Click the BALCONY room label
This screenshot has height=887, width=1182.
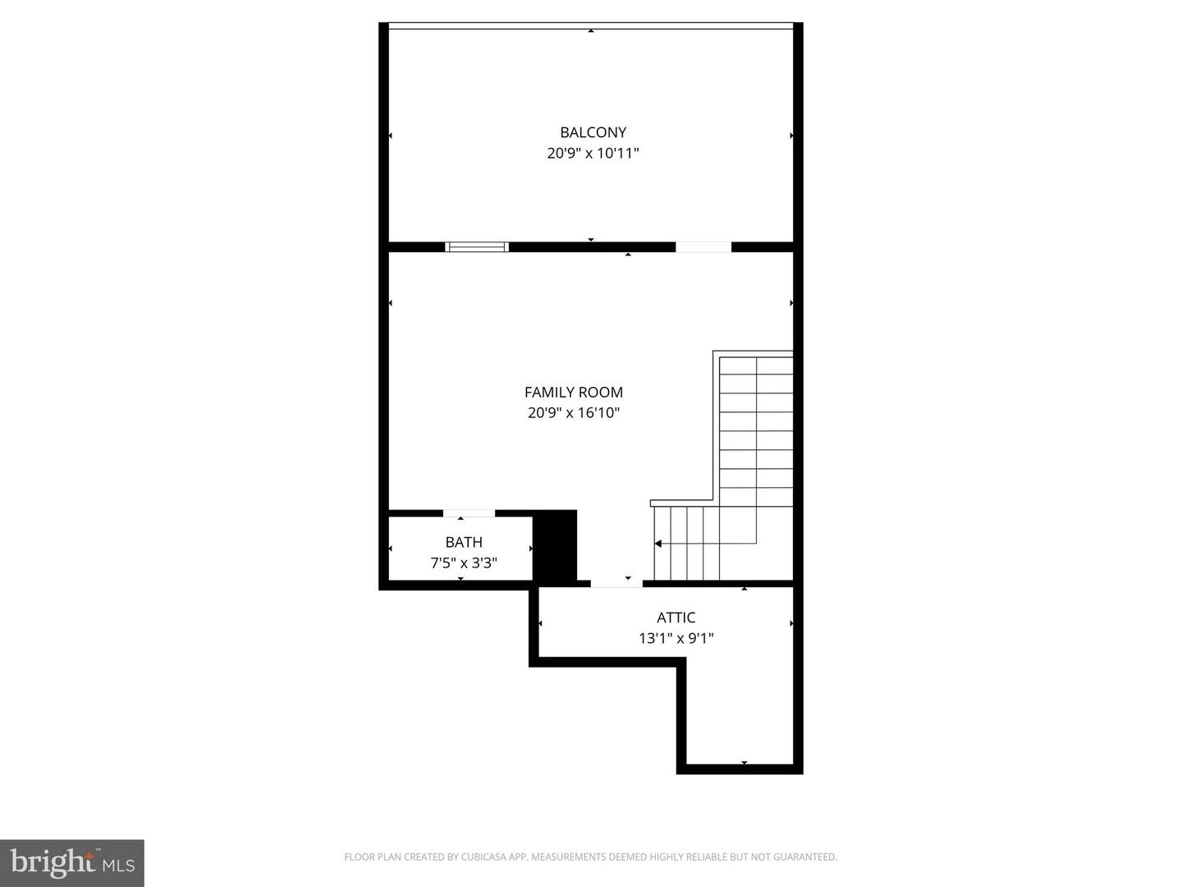coord(593,132)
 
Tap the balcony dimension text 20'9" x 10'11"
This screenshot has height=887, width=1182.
coord(593,154)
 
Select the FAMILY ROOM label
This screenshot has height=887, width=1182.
coord(574,393)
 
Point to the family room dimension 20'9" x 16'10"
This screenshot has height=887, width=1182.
coord(574,413)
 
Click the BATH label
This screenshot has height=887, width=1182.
coord(464,542)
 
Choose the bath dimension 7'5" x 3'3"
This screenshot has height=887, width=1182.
coord(464,563)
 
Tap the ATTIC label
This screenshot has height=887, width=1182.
coord(676,618)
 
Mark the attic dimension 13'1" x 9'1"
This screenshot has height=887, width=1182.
coord(676,638)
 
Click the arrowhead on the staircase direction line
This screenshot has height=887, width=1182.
coord(657,544)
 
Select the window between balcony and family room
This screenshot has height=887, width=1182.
coord(477,246)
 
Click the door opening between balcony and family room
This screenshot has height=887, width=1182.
coord(703,246)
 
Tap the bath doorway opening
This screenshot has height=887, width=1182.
coord(469,513)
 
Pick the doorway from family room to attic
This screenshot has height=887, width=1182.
coord(616,583)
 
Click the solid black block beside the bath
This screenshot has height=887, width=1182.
coord(556,545)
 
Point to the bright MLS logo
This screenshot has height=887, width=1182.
coord(72,862)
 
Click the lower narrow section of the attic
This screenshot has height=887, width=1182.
coord(740,715)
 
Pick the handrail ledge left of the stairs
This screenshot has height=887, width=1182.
coord(681,503)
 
